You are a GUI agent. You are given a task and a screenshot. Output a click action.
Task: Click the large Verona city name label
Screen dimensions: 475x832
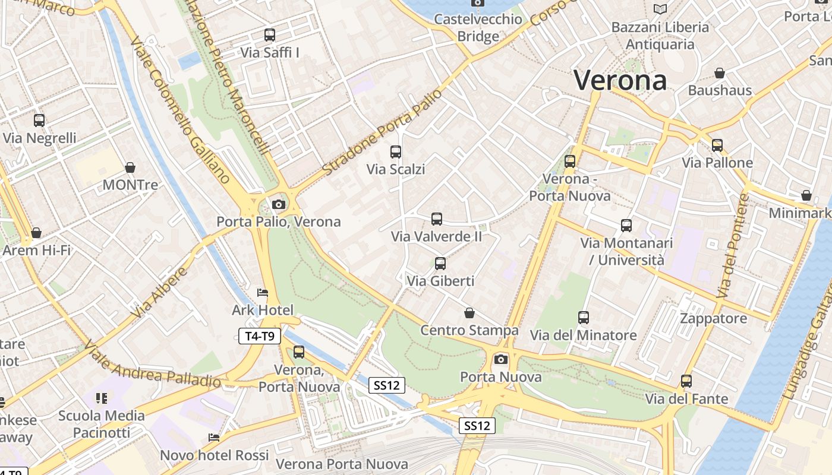(620, 80)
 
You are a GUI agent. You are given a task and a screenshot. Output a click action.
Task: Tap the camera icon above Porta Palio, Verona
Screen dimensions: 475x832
(278, 205)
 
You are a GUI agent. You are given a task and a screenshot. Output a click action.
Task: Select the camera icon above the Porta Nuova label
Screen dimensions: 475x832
(501, 359)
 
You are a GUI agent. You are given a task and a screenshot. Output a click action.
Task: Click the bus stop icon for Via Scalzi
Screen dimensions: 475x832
(396, 152)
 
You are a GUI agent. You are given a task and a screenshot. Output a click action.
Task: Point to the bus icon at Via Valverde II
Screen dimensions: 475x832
(437, 219)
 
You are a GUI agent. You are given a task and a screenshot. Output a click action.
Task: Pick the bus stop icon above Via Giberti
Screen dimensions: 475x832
(440, 264)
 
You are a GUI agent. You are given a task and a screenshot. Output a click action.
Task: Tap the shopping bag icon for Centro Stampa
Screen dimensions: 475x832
(469, 313)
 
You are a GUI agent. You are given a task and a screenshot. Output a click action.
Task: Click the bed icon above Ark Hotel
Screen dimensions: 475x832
(263, 293)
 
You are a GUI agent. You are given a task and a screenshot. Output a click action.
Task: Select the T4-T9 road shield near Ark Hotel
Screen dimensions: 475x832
(260, 336)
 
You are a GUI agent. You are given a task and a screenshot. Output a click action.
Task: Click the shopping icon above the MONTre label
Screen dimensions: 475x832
(130, 168)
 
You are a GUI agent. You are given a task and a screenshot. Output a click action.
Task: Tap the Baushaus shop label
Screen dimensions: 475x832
(720, 90)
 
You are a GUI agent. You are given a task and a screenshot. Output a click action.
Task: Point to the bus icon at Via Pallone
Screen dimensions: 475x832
(717, 145)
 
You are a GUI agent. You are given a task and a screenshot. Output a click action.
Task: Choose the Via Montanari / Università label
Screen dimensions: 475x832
(626, 251)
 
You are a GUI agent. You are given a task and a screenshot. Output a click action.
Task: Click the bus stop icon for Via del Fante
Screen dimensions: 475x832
(686, 381)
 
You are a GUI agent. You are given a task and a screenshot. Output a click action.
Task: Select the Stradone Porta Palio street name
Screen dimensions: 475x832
(382, 133)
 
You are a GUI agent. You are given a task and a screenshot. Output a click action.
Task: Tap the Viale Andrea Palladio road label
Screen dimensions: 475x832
(152, 364)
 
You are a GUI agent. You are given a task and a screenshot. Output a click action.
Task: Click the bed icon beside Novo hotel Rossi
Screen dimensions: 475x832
(214, 438)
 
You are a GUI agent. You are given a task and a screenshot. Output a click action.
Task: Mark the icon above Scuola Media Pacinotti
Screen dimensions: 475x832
(102, 398)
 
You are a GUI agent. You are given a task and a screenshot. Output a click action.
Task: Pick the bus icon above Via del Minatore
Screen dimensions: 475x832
(584, 318)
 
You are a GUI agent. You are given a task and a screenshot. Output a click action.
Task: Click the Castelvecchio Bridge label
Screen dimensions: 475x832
(478, 27)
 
